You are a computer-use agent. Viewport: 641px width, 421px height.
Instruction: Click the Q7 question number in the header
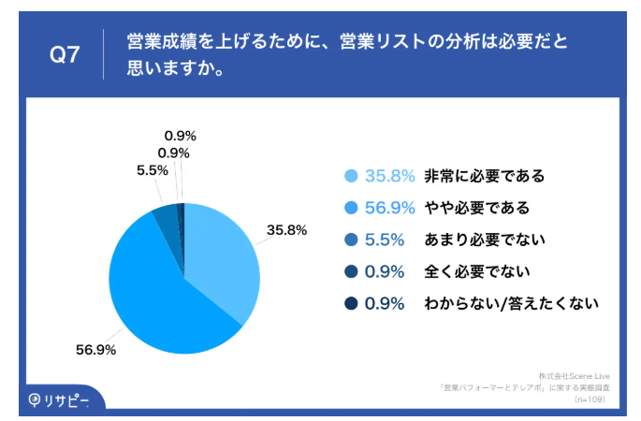(64, 54)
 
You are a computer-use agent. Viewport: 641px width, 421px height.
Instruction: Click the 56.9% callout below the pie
(95, 350)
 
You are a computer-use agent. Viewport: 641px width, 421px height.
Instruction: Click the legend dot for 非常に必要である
(352, 176)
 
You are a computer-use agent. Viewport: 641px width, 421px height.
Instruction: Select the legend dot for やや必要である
(352, 208)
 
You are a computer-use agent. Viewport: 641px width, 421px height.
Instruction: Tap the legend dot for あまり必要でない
(352, 240)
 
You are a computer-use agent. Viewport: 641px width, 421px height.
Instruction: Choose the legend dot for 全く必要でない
(352, 271)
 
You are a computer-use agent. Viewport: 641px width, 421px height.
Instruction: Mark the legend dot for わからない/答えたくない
(352, 303)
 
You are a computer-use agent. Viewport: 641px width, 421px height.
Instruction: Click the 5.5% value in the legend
(385, 240)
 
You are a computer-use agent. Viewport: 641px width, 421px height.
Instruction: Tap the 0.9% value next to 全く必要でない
(385, 271)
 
